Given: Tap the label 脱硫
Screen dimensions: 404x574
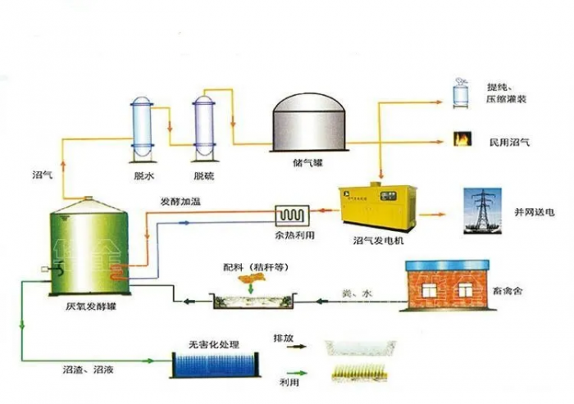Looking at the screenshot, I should click(x=204, y=175).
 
